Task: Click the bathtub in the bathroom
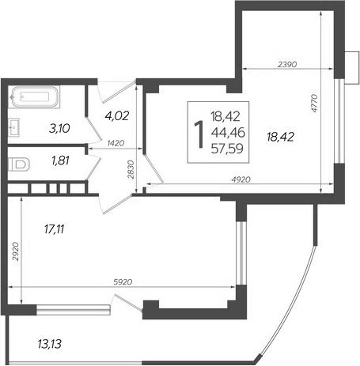click(x=34, y=96)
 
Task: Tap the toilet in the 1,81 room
click(x=19, y=164)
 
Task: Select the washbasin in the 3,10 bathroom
click(x=13, y=127)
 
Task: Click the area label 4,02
click(x=116, y=115)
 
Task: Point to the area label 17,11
click(x=55, y=229)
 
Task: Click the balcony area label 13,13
click(x=50, y=344)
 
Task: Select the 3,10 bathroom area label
click(x=59, y=129)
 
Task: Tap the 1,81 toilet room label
click(x=61, y=160)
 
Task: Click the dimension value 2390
click(x=287, y=64)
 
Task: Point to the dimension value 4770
click(x=313, y=103)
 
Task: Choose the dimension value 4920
click(x=241, y=179)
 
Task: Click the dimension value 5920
click(x=123, y=282)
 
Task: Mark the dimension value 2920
click(x=16, y=251)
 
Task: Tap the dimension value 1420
click(x=116, y=143)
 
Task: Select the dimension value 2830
click(x=131, y=170)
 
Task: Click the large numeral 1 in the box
click(x=199, y=134)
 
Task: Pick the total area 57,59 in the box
click(x=227, y=149)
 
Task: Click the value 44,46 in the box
click(x=228, y=133)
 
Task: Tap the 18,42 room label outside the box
click(x=280, y=137)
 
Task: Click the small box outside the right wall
click(x=351, y=68)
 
